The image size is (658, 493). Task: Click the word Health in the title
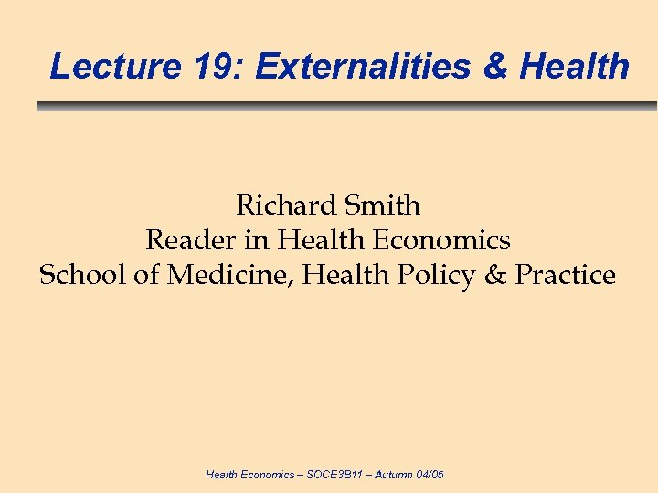click(575, 66)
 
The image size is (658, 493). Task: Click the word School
click(81, 275)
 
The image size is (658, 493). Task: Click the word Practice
click(566, 275)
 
